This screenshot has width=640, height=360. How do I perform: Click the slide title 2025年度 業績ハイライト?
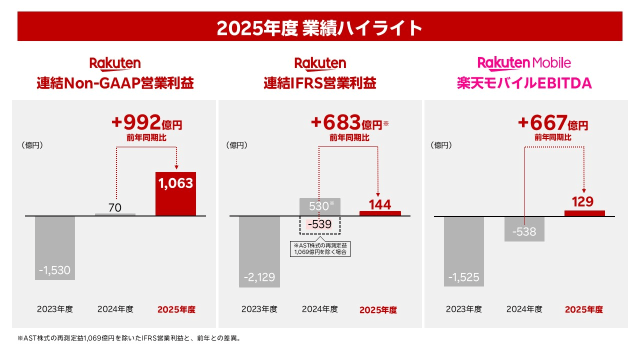coord(320,28)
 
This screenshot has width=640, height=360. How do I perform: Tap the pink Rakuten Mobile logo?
coord(524,63)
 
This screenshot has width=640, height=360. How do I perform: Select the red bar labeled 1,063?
coord(175,194)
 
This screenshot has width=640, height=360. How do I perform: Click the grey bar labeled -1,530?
coord(55,247)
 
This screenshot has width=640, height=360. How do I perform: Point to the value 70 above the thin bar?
coord(115,207)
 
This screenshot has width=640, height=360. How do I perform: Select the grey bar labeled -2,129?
coord(259,251)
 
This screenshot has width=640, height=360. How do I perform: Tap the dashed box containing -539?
coord(319,225)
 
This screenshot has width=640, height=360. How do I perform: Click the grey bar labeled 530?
coord(319,206)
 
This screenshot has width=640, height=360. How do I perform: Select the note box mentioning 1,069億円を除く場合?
coord(320,248)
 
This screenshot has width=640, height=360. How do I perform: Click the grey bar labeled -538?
coord(524,229)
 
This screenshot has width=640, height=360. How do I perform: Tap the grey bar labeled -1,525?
coord(463,251)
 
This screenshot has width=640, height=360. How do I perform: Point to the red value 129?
coord(583,202)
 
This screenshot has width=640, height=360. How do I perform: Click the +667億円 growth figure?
coord(553,122)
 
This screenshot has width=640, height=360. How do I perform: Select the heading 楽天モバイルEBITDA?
coord(524,83)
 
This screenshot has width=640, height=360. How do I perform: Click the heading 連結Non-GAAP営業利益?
coord(115,83)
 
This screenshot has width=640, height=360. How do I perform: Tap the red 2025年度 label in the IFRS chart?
coord(378,310)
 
